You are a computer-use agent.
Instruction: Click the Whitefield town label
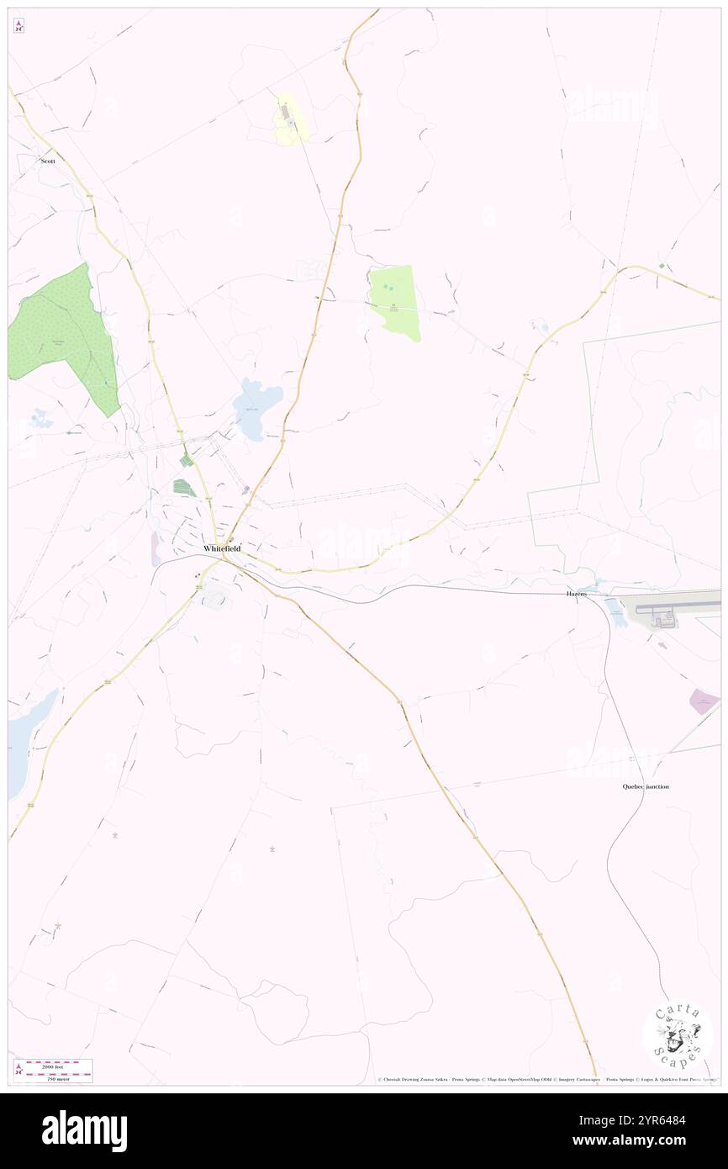point(222,548)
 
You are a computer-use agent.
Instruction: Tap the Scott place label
point(48,160)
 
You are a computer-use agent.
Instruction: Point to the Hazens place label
point(576,594)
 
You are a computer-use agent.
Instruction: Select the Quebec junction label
point(646,786)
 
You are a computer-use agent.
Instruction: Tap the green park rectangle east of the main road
point(395,301)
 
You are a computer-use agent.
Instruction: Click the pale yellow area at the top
point(290,120)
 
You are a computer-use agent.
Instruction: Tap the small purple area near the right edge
point(704,701)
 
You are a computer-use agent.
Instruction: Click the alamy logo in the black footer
point(84,1130)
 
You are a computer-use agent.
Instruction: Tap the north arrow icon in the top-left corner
point(18,26)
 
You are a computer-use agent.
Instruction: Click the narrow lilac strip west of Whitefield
point(156,548)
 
